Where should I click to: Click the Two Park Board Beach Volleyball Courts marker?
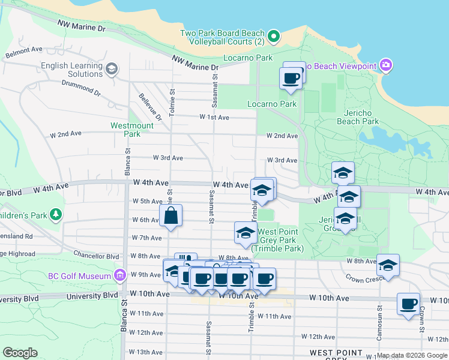tap(273, 37)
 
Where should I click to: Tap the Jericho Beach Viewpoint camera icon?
tap(385, 65)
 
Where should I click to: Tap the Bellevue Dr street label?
tap(150, 106)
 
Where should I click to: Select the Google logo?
tap(20, 353)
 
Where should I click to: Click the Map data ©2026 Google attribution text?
tap(412, 355)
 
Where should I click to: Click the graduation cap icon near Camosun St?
tap(388, 265)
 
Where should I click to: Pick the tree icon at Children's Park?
tap(56, 214)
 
